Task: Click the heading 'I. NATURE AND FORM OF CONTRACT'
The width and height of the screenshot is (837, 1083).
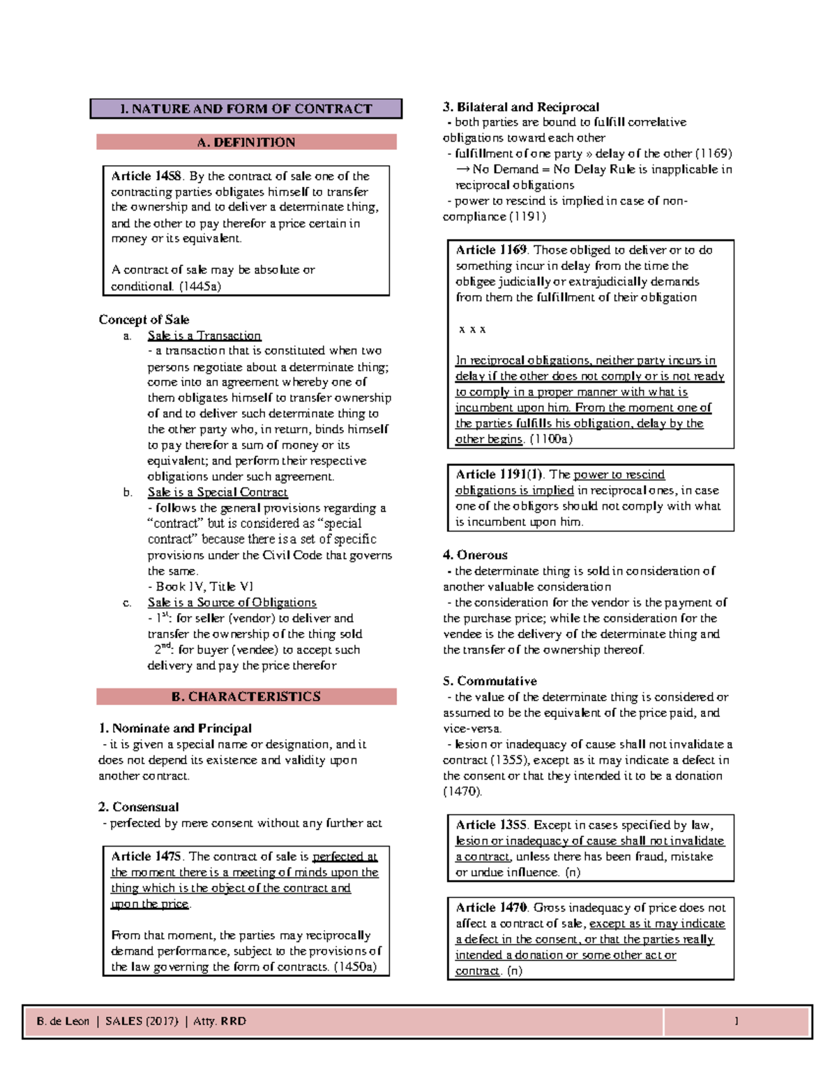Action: (x=246, y=109)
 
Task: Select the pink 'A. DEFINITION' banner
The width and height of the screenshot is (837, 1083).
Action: (x=246, y=142)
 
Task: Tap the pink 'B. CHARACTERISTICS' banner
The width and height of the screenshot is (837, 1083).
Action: (x=246, y=697)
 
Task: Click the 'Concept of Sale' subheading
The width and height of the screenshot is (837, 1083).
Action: (x=144, y=319)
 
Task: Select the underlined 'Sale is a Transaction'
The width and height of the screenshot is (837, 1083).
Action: (x=204, y=335)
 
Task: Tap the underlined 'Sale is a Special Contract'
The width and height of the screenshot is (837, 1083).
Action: (x=217, y=492)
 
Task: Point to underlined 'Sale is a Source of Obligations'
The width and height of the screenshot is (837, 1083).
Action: (x=232, y=603)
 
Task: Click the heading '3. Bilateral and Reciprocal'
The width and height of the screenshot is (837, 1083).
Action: (x=520, y=107)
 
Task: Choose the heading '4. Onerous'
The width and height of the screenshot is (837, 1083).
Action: (x=475, y=555)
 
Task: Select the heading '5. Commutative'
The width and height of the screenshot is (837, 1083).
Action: (x=490, y=681)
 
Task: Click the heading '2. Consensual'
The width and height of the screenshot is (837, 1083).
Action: (x=138, y=807)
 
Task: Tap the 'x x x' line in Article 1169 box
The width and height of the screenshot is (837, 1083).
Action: (x=472, y=329)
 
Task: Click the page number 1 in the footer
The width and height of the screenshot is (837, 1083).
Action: (x=736, y=1022)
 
